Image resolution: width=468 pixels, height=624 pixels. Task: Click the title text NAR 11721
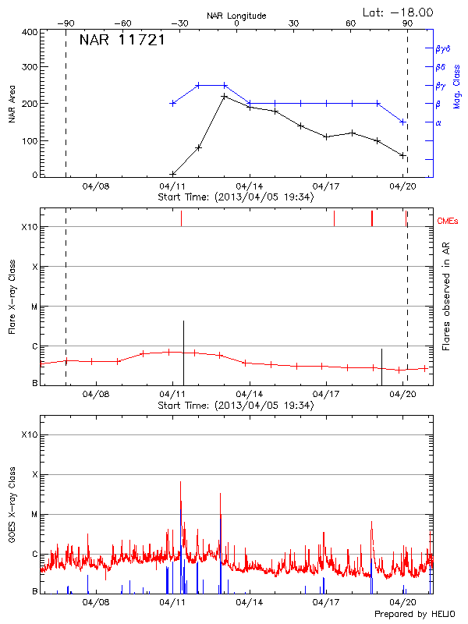click(x=122, y=41)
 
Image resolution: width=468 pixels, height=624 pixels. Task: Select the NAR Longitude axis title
click(x=236, y=15)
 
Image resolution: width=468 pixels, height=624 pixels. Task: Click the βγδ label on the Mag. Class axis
click(x=444, y=48)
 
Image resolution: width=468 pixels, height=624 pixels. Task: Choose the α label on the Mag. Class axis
click(x=438, y=122)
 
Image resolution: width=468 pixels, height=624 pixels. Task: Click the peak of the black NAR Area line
click(x=224, y=96)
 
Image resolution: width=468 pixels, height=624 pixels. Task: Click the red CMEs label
click(x=448, y=222)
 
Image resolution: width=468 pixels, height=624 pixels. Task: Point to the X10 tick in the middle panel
click(x=30, y=227)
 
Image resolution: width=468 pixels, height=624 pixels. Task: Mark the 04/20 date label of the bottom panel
click(x=402, y=602)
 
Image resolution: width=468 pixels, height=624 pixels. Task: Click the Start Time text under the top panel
click(x=236, y=197)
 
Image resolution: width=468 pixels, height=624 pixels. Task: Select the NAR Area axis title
click(x=12, y=103)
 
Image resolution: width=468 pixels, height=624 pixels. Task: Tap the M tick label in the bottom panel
click(x=34, y=515)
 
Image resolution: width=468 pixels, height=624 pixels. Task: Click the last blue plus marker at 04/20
click(x=402, y=122)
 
